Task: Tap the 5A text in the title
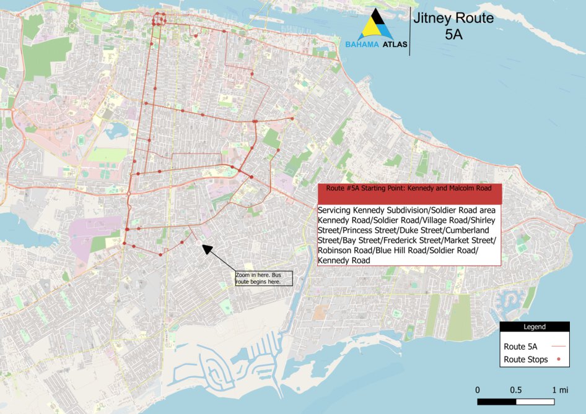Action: click(x=454, y=35)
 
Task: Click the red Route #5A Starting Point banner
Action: click(x=408, y=193)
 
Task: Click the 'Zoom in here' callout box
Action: click(x=263, y=278)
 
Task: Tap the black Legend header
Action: click(x=535, y=327)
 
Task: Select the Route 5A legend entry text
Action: click(x=520, y=347)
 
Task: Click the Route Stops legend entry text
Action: click(x=526, y=360)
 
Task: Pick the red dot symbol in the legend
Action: click(x=559, y=360)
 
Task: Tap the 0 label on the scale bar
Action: click(x=478, y=390)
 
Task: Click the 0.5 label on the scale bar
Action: click(x=516, y=390)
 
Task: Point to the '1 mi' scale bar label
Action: click(x=559, y=390)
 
